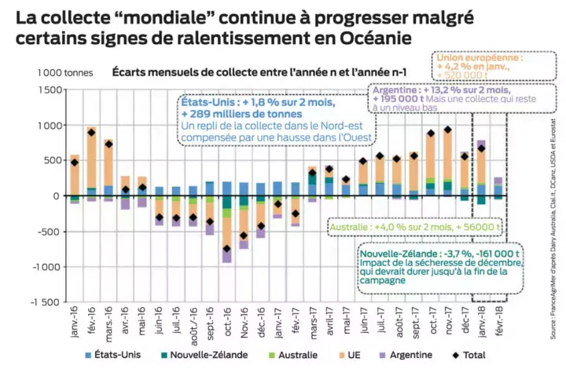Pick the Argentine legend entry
405,355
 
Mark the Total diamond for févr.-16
92,133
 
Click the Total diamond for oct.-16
227,249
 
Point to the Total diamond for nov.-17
448,130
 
